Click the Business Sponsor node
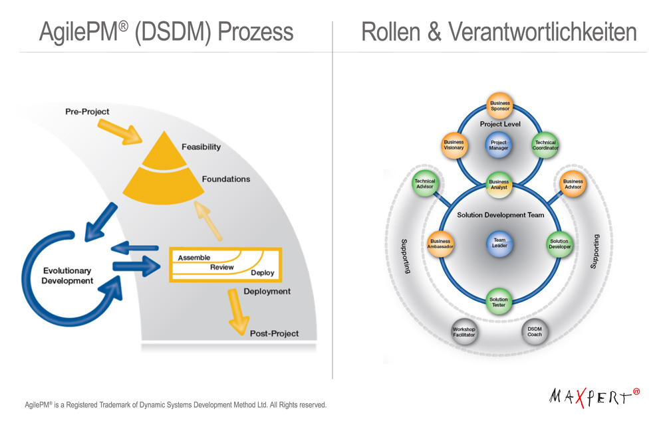(499, 106)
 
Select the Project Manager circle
(498, 145)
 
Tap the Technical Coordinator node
(545, 145)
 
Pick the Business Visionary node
(454, 145)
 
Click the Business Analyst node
(499, 185)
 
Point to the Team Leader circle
(499, 243)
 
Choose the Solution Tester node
(499, 302)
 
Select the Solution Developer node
(559, 244)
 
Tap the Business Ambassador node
(440, 244)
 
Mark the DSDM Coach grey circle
(535, 331)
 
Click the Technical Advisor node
(424, 184)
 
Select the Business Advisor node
(573, 184)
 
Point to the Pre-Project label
(87, 112)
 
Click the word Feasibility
(201, 147)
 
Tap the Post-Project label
(274, 333)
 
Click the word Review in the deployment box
(222, 267)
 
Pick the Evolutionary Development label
(67, 276)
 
